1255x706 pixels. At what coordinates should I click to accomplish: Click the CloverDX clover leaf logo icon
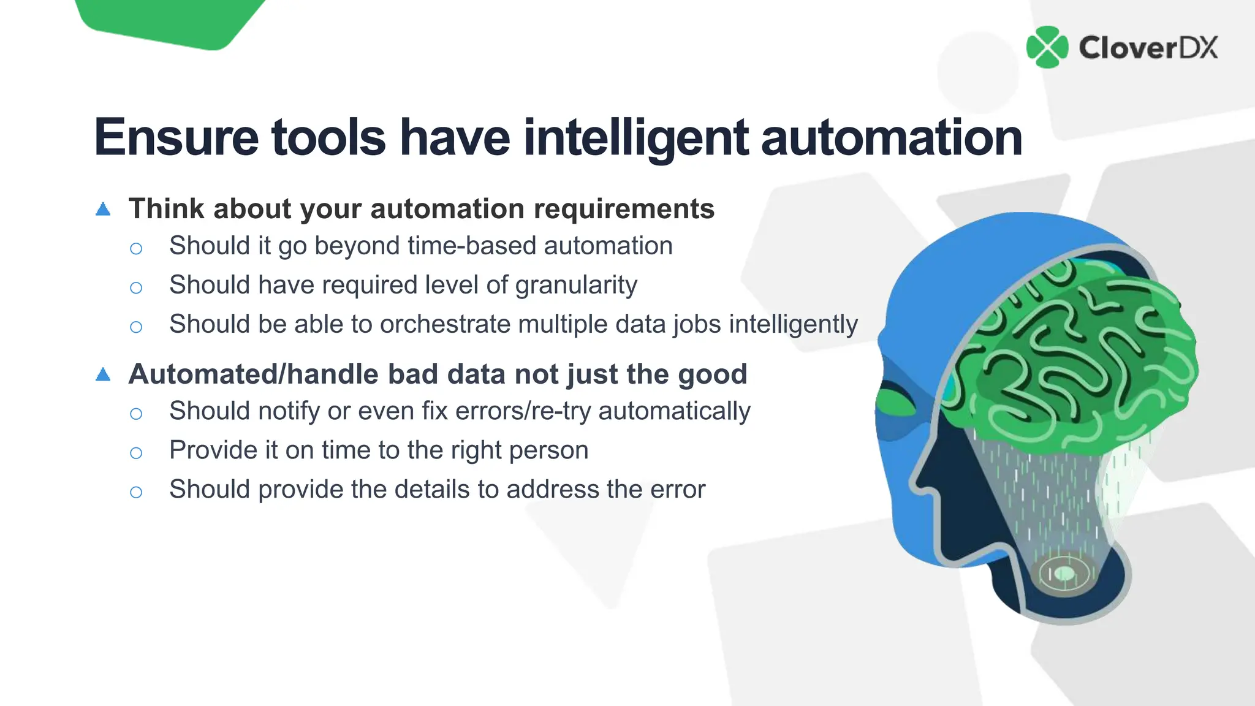1047,47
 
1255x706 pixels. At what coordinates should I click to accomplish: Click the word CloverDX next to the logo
1148,48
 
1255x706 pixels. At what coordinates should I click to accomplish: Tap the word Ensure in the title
176,137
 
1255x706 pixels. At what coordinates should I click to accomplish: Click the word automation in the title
891,137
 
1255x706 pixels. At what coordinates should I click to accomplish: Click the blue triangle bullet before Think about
103,210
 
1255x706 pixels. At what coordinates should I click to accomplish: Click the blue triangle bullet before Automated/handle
103,374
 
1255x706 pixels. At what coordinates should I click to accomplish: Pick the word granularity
576,286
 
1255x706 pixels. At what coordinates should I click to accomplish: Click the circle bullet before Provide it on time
136,453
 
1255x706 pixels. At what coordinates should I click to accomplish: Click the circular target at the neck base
1064,574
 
